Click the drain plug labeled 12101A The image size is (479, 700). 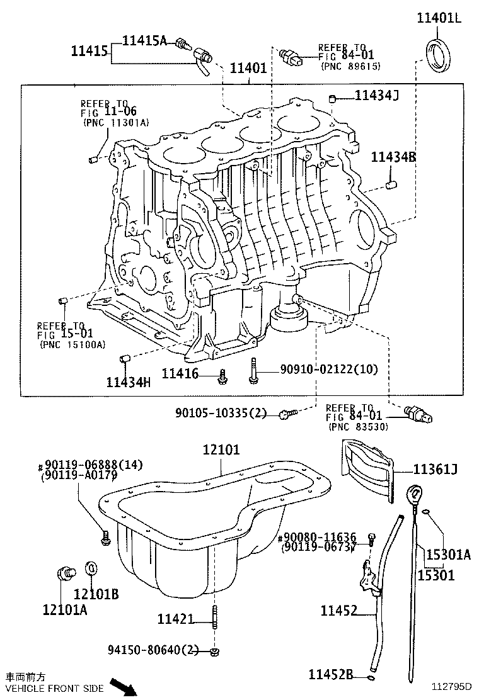click(x=64, y=574)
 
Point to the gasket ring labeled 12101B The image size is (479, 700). click(x=91, y=568)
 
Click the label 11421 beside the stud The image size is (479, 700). click(x=175, y=619)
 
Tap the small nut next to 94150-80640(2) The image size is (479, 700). click(x=215, y=650)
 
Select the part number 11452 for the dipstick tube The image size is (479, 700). click(x=338, y=610)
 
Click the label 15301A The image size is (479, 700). click(x=448, y=555)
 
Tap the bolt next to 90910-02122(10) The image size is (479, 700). click(x=253, y=370)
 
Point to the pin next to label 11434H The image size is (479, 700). click(x=124, y=359)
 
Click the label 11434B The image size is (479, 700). click(x=393, y=157)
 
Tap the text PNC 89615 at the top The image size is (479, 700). click(x=350, y=65)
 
